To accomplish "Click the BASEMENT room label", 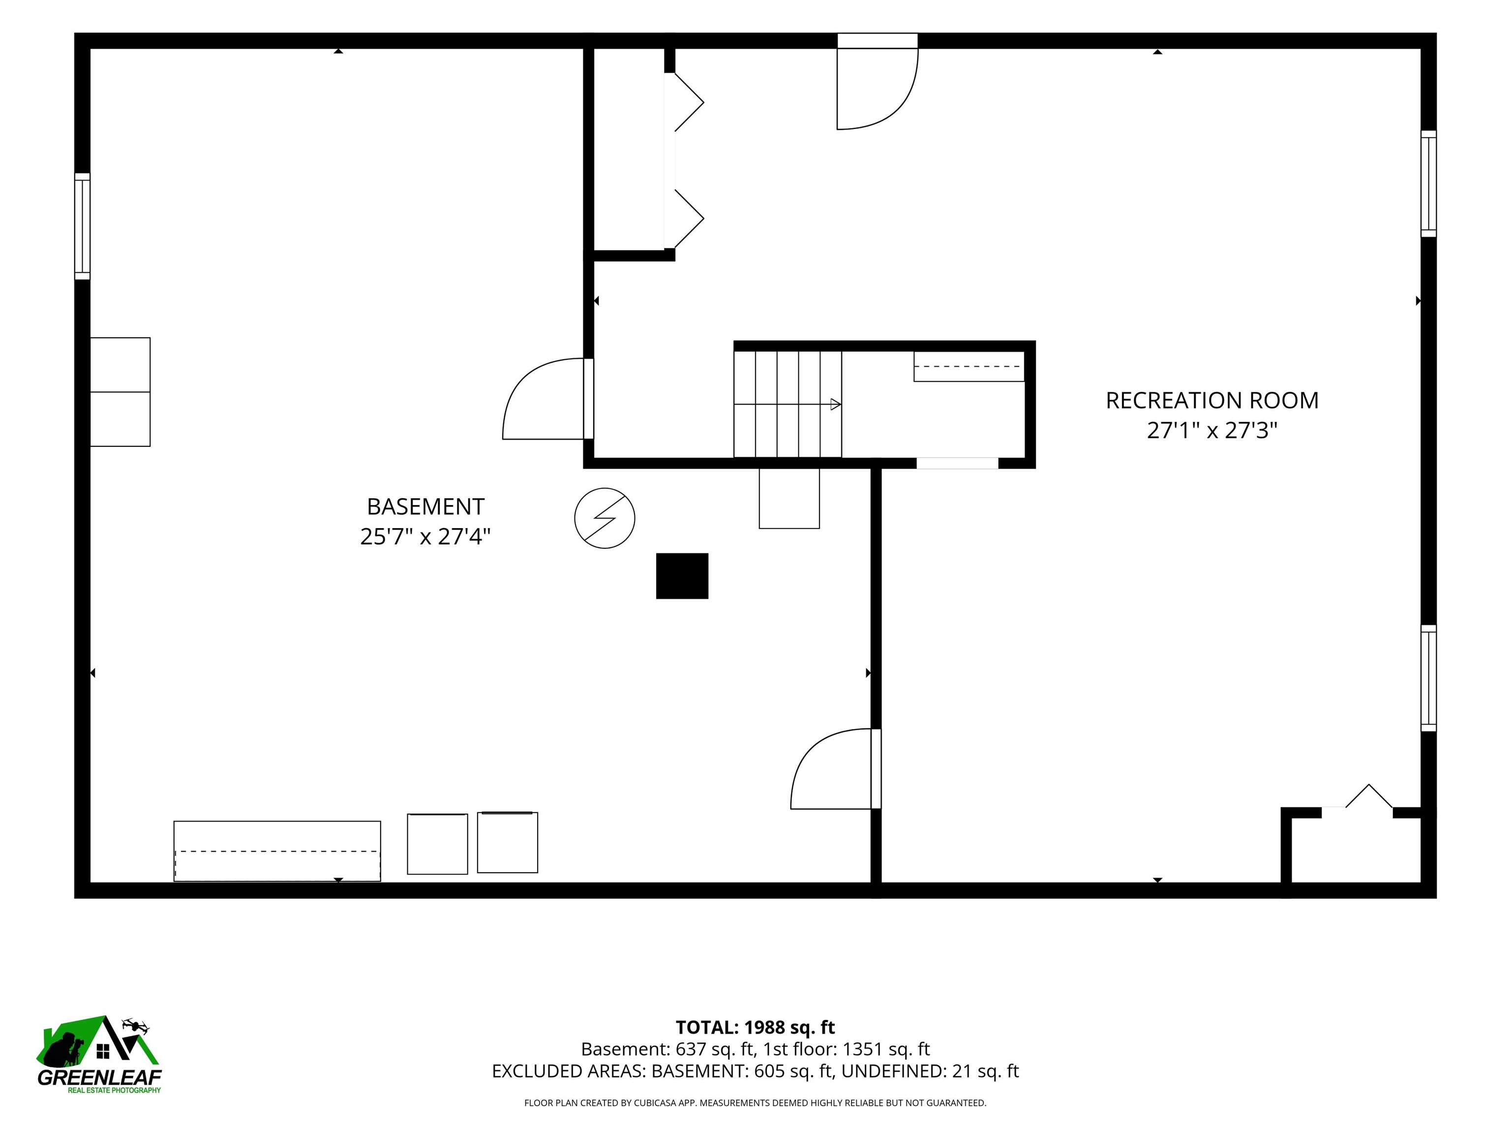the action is tap(425, 506).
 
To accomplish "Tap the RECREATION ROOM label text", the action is tap(1212, 401).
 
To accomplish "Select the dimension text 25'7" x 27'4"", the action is tap(425, 536).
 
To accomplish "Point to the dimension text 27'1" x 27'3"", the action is tap(1212, 431).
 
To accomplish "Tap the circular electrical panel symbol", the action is tap(604, 518).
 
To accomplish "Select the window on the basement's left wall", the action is tap(82, 226).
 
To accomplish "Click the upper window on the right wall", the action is tap(1428, 184).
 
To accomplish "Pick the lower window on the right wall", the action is tap(1428, 678).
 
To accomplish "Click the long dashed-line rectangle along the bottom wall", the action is tap(277, 851).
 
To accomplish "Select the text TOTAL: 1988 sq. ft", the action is tap(755, 1027).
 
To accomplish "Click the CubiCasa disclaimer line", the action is tap(755, 1102).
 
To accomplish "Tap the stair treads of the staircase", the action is tap(787, 404).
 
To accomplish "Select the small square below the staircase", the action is tap(789, 498).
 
